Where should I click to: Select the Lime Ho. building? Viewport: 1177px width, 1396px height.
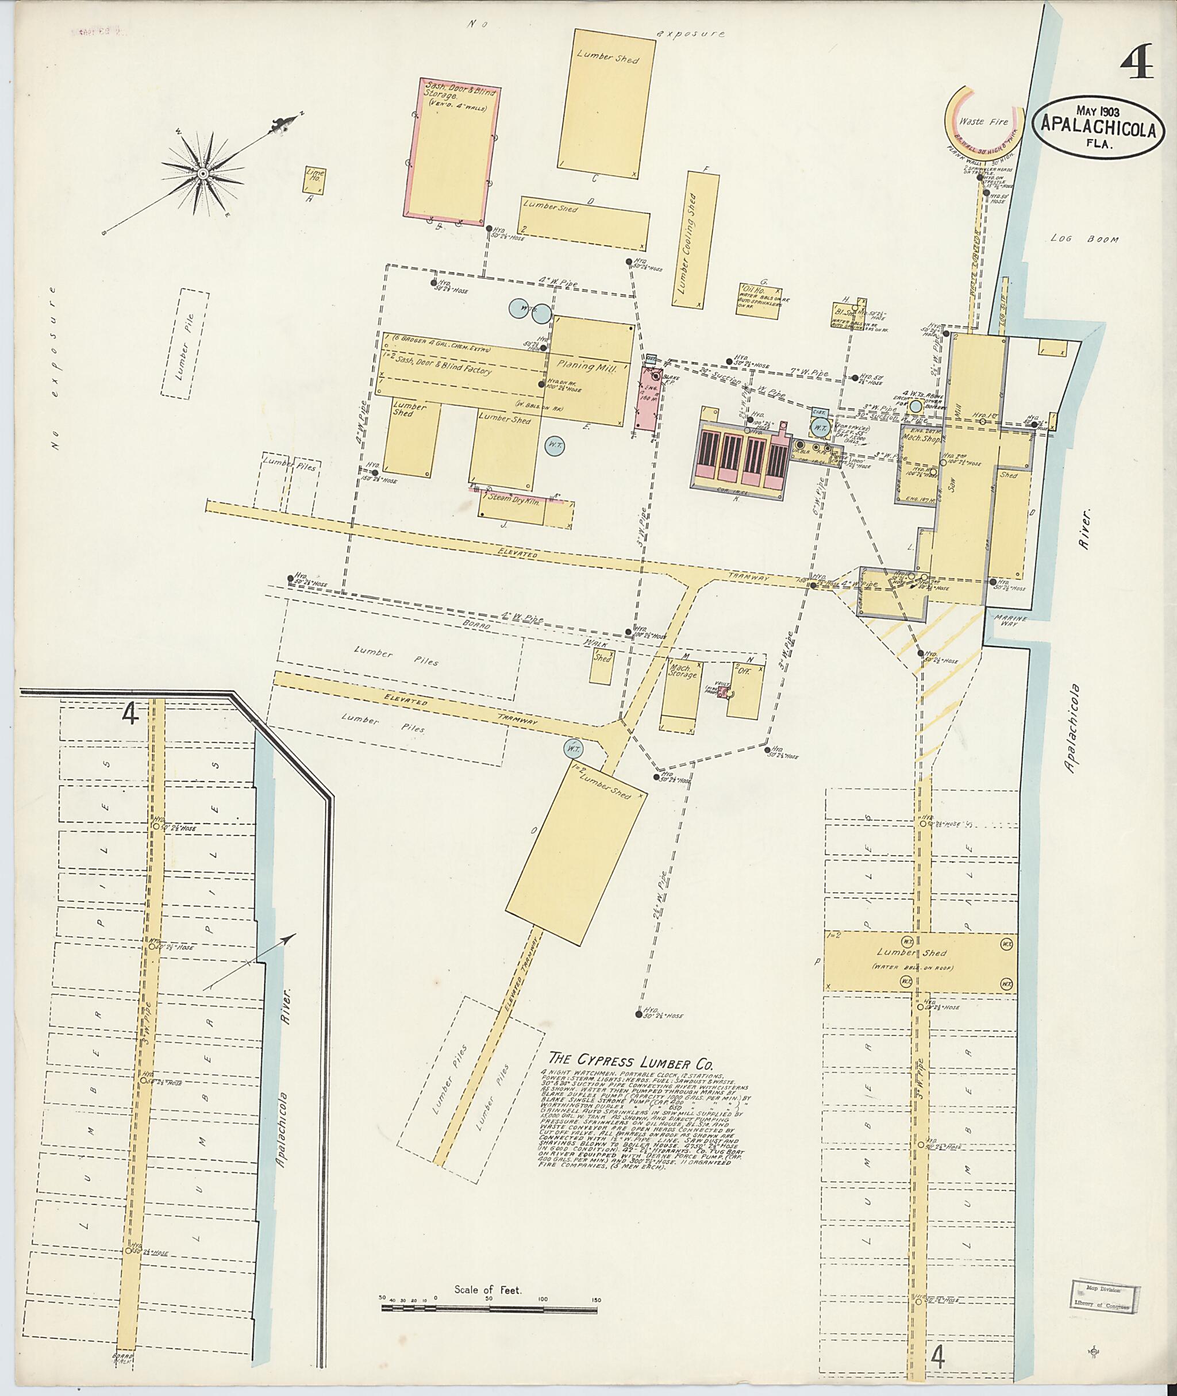(x=314, y=180)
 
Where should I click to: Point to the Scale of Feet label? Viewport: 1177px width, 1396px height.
(x=488, y=1290)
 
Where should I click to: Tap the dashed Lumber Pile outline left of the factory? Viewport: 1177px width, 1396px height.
(x=185, y=344)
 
